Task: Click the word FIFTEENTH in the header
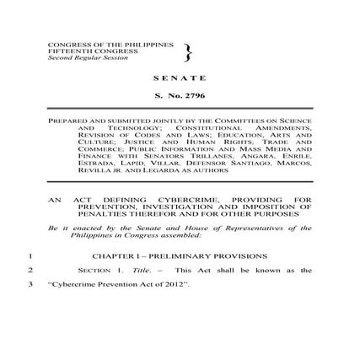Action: (64, 48)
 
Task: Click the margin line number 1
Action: (30, 255)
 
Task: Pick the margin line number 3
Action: (30, 284)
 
